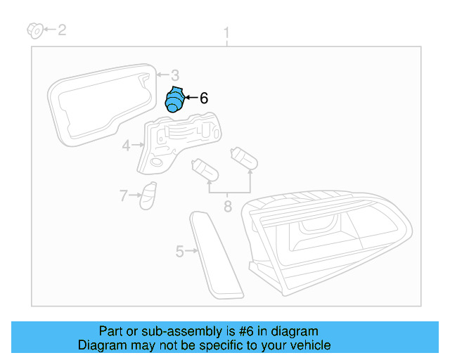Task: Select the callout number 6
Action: [x=204, y=98]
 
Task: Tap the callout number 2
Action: [x=62, y=30]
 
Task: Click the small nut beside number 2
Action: [x=32, y=30]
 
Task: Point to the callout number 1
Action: [x=226, y=32]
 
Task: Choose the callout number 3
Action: [x=175, y=75]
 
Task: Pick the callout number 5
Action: [x=179, y=250]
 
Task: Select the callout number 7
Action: [x=123, y=195]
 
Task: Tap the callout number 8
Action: [x=227, y=207]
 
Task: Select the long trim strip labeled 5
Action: [x=215, y=254]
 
